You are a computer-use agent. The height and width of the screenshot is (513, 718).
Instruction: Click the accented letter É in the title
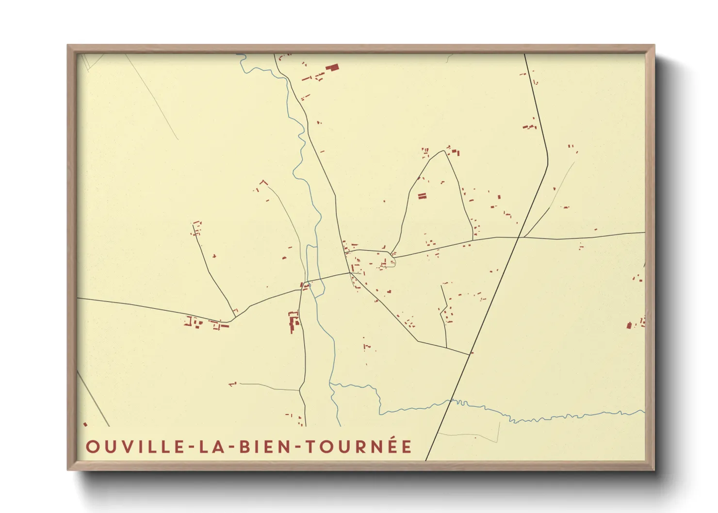coord(406,446)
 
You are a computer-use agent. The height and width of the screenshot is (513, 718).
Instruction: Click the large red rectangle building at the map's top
coord(332,68)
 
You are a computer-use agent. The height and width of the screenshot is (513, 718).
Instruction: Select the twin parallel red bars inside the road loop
coord(422,196)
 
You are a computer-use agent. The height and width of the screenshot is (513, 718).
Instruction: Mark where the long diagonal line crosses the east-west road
coord(519,237)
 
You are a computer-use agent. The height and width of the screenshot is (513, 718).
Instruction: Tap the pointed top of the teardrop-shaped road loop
coord(444,151)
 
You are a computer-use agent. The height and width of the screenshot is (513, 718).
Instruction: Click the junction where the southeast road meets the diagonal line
coord(469,354)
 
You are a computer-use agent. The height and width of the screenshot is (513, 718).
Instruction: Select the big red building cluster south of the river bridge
coord(293,321)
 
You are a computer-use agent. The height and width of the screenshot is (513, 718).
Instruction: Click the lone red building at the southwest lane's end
coord(232,384)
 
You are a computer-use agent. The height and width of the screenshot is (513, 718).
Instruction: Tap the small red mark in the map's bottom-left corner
coord(85,424)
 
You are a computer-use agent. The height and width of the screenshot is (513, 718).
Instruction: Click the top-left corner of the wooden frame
coord(68,46)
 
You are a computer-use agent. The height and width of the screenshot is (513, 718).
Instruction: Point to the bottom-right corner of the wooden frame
coord(654,469)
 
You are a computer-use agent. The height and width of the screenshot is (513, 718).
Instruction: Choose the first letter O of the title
coord(92,447)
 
